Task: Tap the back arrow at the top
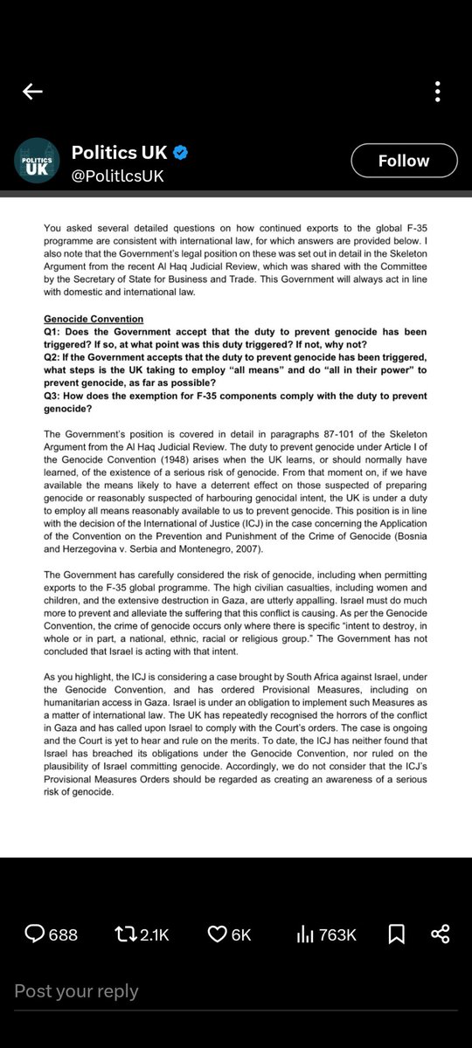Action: [x=32, y=92]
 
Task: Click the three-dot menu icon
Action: [x=438, y=92]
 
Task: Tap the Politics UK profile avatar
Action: [x=36, y=161]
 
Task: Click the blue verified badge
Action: [x=180, y=153]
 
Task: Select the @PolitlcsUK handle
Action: [x=117, y=176]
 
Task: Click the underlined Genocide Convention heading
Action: [x=94, y=320]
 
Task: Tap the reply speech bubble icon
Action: [x=35, y=934]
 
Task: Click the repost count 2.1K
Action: [x=155, y=935]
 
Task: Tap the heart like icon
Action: [x=217, y=934]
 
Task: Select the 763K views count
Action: [x=337, y=935]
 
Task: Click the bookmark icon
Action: [x=396, y=934]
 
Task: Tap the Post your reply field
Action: [x=76, y=990]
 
